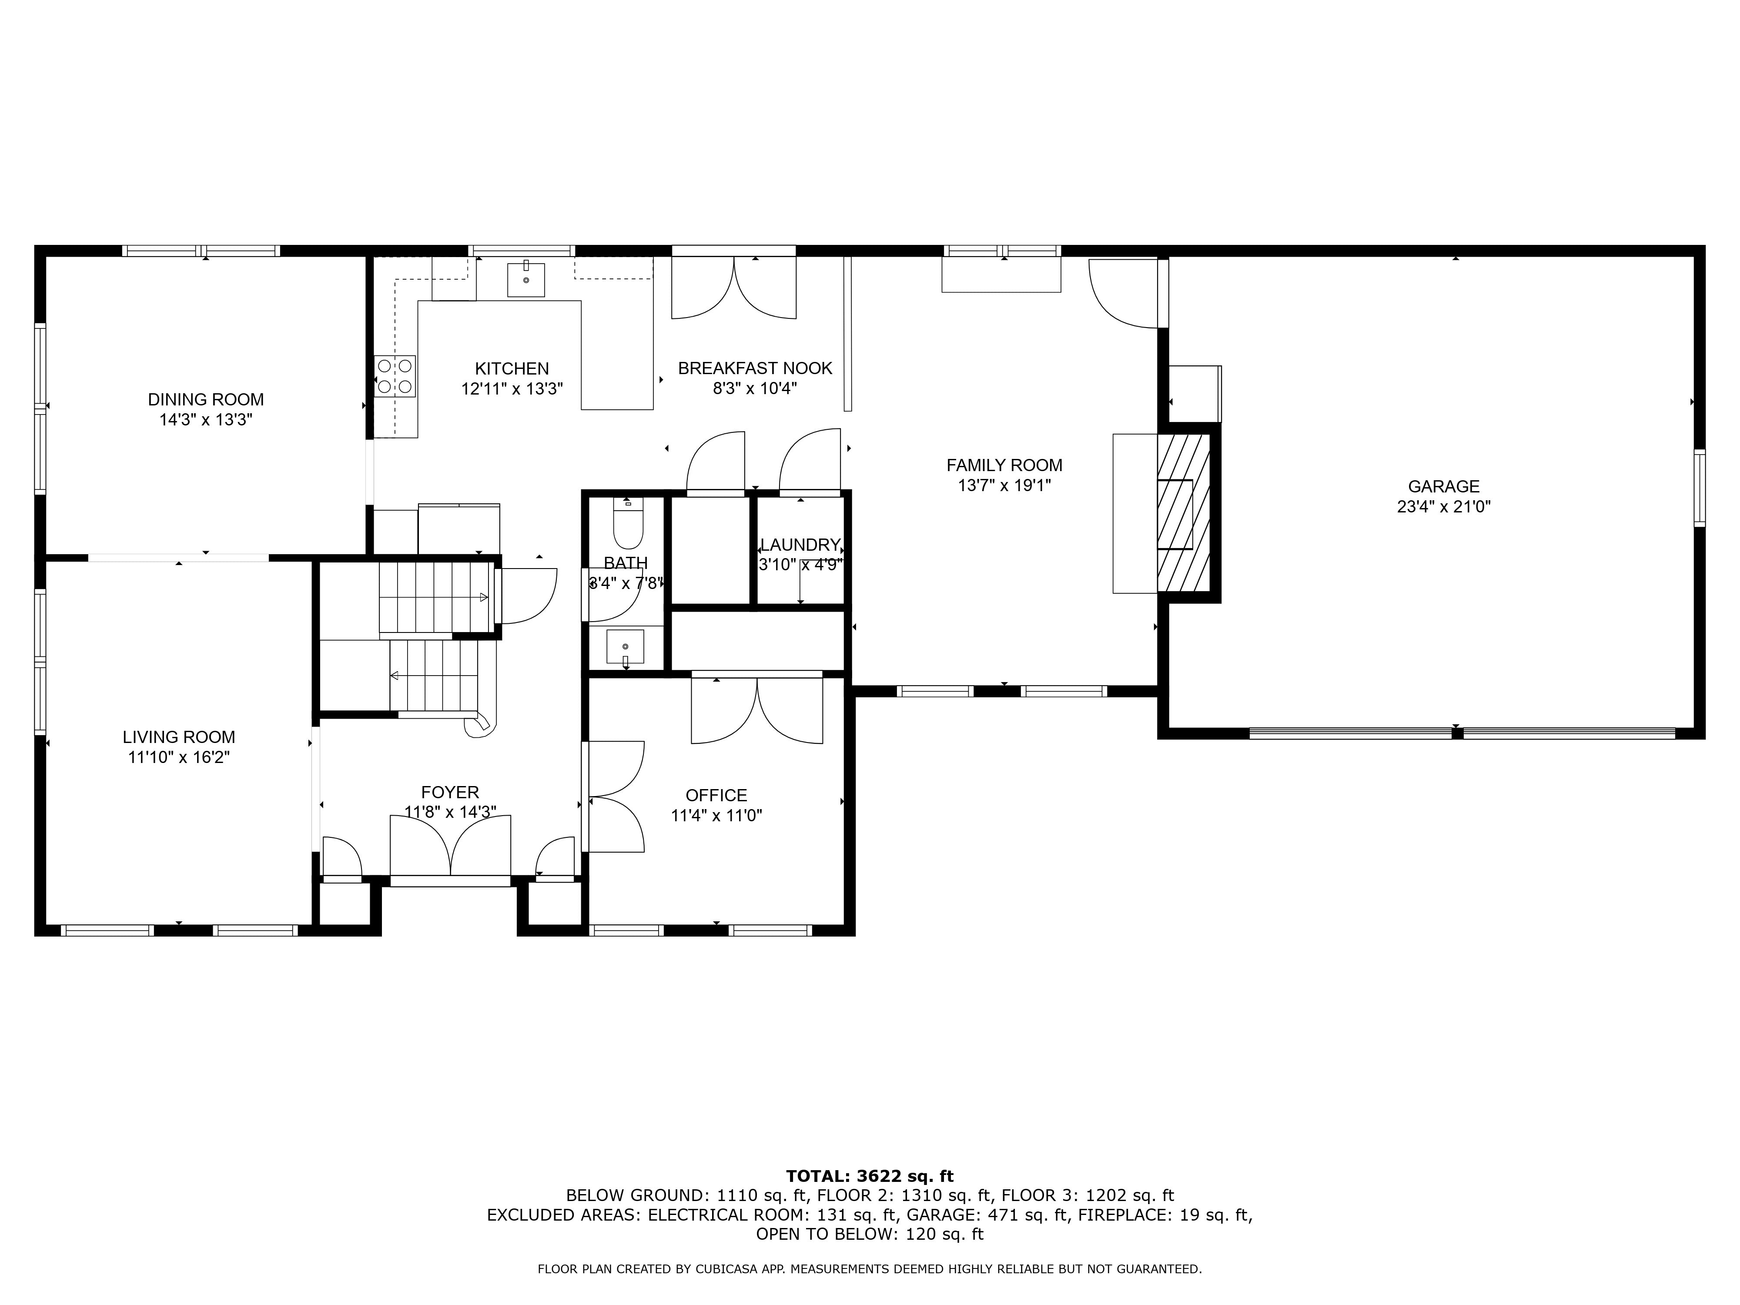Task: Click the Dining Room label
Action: [206, 400]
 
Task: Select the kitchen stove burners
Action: [395, 376]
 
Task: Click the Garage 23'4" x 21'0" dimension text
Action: [1443, 507]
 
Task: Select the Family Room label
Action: [1004, 465]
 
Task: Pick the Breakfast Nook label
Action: [755, 368]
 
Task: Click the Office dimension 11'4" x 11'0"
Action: [716, 816]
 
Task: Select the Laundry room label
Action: [800, 544]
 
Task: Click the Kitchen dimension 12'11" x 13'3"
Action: [512, 388]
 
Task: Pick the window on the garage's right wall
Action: [1700, 488]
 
